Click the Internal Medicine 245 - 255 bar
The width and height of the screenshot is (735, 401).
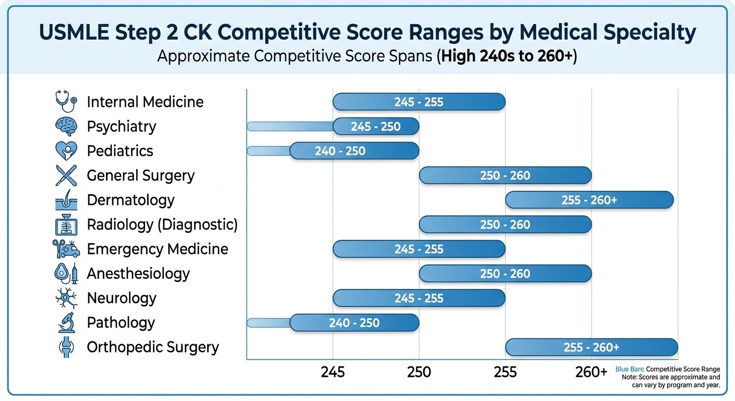[419, 102]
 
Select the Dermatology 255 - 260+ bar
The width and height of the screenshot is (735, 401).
[589, 200]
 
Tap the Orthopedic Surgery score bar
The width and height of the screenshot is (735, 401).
[591, 347]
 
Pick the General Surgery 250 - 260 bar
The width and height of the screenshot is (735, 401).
[505, 175]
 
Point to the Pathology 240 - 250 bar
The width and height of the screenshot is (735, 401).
[354, 323]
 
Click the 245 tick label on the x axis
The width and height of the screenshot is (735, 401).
[333, 372]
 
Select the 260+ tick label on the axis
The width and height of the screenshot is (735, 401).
[591, 372]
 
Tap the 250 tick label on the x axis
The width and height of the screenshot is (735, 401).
[419, 372]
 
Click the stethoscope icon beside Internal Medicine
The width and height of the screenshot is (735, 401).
[66, 101]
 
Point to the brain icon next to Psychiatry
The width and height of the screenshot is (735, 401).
[66, 126]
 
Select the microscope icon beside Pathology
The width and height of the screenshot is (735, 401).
[66, 323]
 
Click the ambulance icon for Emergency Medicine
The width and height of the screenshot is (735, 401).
[66, 249]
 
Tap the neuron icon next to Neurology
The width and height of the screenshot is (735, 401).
[66, 298]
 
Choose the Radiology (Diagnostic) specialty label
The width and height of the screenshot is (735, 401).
[162, 225]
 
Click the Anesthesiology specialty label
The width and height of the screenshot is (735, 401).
[138, 274]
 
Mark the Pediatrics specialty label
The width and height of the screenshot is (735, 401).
[120, 151]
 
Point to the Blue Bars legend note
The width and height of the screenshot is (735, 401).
[668, 369]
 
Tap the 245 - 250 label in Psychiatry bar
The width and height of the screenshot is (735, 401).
[376, 126]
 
